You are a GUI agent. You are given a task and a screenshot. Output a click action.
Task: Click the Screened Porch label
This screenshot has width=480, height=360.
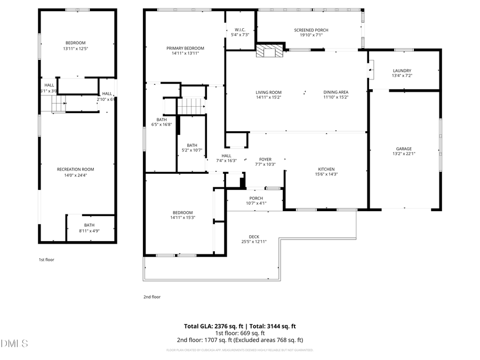pos(311,30)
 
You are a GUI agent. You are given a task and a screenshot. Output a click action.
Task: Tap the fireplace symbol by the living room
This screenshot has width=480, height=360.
pos(268,51)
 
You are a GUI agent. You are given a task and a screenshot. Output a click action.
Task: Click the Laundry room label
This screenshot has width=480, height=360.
pos(402,70)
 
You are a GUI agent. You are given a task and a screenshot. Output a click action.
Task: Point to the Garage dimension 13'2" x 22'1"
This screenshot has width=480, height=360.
pos(403,154)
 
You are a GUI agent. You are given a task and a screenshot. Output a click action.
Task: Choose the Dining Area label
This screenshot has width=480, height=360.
pos(335,92)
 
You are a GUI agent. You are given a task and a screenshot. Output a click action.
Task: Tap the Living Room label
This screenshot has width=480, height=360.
pos(268,92)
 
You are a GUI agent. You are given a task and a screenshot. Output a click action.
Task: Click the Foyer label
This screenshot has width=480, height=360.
pos(265,159)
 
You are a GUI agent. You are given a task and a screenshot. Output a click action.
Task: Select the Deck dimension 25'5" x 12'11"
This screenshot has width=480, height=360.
pos(253,242)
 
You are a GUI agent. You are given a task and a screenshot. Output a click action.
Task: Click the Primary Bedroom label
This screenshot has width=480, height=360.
pos(185,48)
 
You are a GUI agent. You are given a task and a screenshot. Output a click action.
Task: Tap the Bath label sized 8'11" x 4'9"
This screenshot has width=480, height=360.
pos(89,225)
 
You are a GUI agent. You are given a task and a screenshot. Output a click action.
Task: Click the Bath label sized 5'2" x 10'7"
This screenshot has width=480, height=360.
pos(191,145)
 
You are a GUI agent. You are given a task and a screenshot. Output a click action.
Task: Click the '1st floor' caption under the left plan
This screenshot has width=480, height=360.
pos(46,260)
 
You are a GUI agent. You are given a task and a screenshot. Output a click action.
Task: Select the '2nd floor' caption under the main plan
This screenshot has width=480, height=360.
pos(152,297)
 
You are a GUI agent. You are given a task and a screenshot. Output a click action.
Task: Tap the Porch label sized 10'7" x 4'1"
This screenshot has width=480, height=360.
pos(256,198)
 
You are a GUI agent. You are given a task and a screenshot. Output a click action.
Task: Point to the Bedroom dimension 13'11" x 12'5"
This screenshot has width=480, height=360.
pos(75,48)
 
